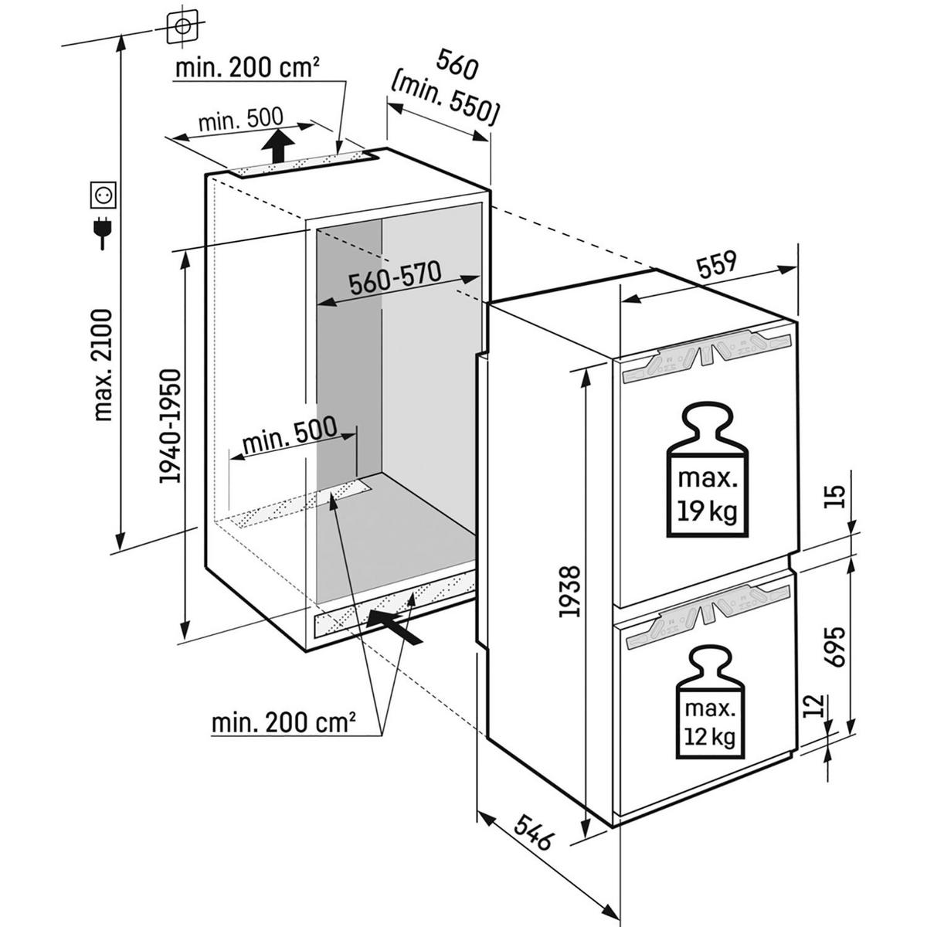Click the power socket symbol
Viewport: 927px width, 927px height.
coord(104,195)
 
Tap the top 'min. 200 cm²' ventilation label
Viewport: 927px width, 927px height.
coord(247,69)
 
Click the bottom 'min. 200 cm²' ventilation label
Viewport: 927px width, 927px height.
coord(284,724)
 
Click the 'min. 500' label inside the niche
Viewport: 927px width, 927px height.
coord(290,437)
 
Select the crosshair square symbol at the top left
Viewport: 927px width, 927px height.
coord(182,26)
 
